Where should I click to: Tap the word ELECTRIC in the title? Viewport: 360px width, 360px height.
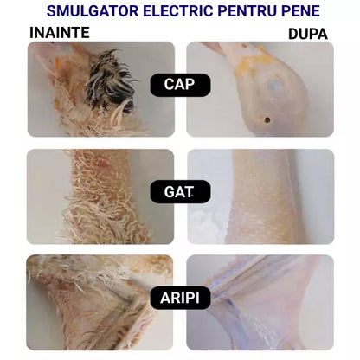(x=172, y=11)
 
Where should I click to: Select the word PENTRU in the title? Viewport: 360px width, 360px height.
(x=243, y=11)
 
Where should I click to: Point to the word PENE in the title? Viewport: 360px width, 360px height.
(x=299, y=11)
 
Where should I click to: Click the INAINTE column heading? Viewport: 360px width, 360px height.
(x=60, y=33)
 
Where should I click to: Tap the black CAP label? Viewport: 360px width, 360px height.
(x=180, y=84)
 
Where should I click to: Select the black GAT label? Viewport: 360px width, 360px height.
(x=180, y=191)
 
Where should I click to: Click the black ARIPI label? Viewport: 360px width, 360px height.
(x=180, y=299)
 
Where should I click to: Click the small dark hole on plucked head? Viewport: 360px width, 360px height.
(x=267, y=120)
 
